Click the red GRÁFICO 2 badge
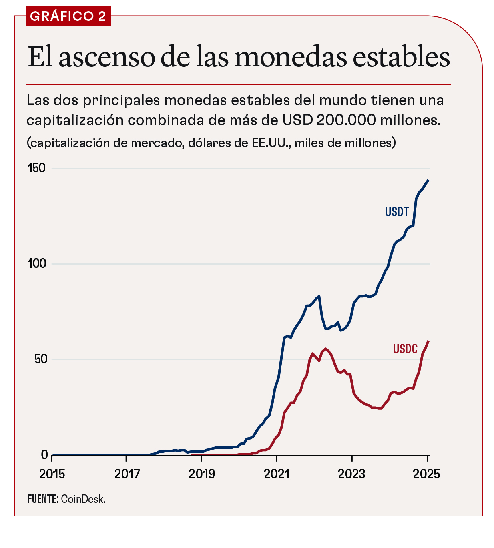68,16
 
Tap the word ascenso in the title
107,57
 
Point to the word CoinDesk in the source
83,499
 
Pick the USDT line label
397,212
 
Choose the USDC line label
405,349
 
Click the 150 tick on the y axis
37,168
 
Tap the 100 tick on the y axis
37,264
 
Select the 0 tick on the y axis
44,455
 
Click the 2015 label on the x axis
52,474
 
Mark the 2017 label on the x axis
127,474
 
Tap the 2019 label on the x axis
202,474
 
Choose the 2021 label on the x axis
277,474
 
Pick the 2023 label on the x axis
351,474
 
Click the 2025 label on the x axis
426,474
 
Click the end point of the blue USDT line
428,180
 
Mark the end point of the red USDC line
428,341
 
